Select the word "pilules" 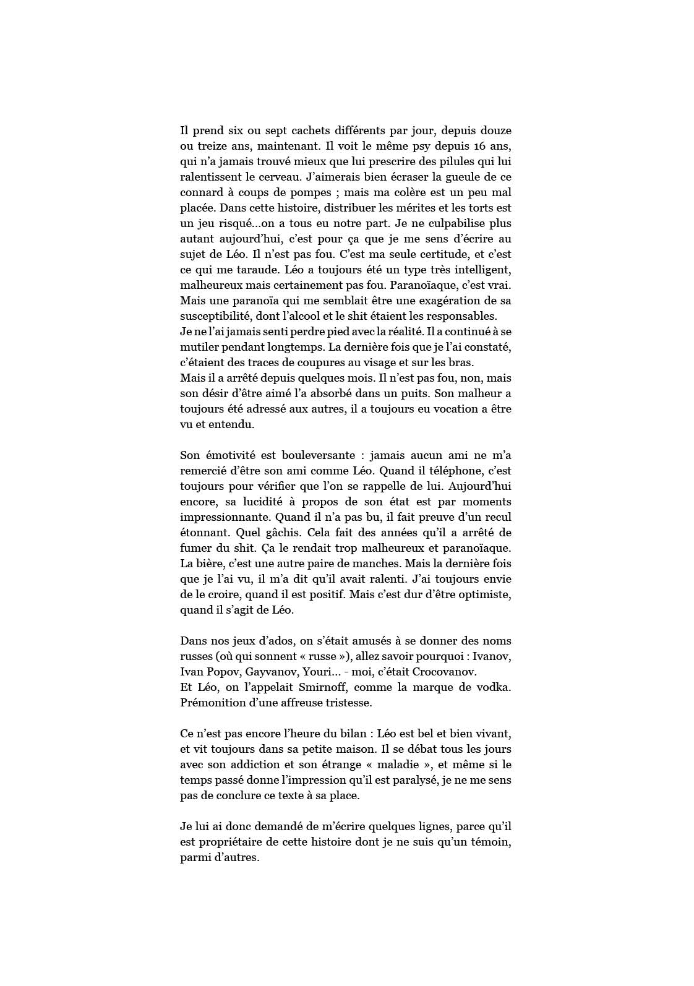tap(442, 162)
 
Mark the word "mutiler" tap(199, 347)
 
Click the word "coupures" tap(317, 362)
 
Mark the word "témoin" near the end tap(491, 842)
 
